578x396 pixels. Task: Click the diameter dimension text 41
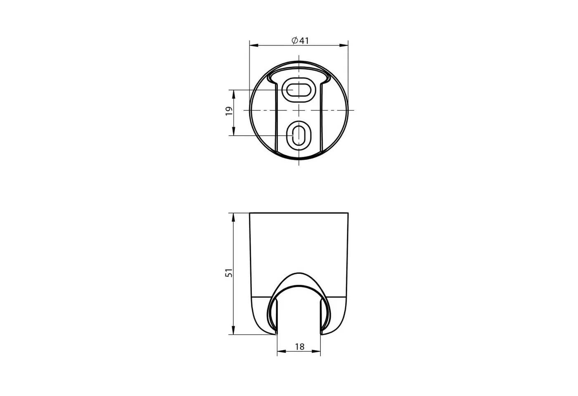point(304,41)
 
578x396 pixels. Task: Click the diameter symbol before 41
point(295,41)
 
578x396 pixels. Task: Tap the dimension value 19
point(229,111)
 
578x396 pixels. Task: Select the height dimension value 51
point(229,273)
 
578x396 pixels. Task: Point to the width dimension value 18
point(300,347)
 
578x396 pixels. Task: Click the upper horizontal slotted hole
point(299,90)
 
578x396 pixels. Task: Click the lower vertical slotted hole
point(299,136)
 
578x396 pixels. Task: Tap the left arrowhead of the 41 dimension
point(254,46)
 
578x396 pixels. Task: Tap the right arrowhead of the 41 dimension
point(343,46)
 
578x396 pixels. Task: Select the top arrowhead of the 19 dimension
point(234,94)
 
